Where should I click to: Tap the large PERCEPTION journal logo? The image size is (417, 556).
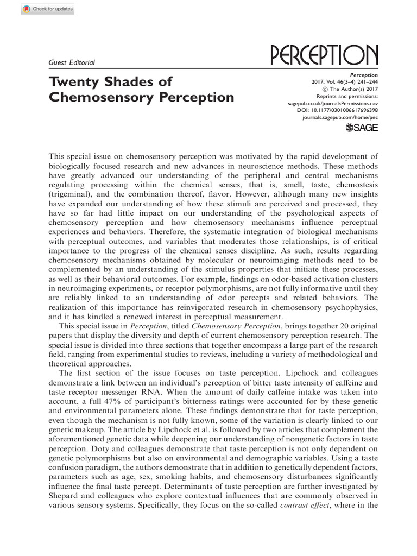[x=324, y=56]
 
